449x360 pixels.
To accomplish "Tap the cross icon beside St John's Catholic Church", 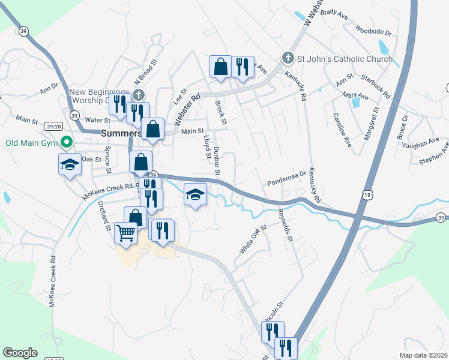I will coord(288,59).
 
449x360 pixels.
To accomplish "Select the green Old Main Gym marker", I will coord(67,143).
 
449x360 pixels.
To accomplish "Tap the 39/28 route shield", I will coord(53,126).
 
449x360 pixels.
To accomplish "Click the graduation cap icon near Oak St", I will coord(70,164).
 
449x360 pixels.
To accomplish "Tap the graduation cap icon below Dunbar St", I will coord(195,194).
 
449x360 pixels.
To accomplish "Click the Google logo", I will coord(20,353).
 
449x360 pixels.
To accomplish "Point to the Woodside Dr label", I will coord(373,30).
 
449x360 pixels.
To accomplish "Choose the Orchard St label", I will coord(104,216).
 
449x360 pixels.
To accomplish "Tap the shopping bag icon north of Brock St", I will coord(220,65).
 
